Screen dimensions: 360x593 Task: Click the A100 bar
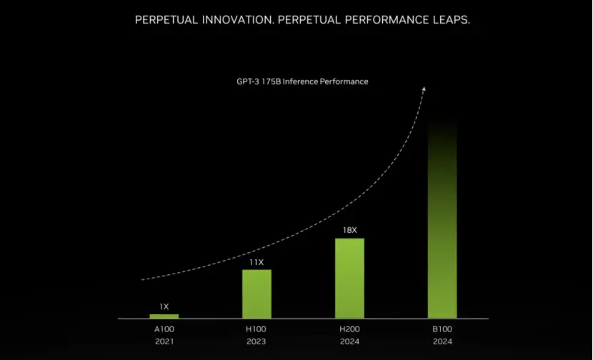[x=164, y=316]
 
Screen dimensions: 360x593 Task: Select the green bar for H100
[x=256, y=294]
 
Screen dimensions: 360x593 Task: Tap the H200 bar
[x=349, y=278]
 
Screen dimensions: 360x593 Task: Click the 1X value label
[x=164, y=306]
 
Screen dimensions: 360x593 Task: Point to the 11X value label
[x=256, y=262]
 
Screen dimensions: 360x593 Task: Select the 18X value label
[x=349, y=231]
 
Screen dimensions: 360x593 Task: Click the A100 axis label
[x=164, y=329]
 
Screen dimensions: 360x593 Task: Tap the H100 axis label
[x=256, y=329]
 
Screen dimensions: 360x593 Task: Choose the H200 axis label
[x=349, y=329]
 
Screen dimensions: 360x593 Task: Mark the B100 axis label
[x=442, y=329]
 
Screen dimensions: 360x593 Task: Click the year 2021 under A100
[x=164, y=342]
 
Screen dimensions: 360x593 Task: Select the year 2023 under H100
[x=256, y=342]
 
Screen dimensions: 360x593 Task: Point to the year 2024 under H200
[x=349, y=342]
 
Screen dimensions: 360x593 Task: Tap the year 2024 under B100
[x=442, y=342]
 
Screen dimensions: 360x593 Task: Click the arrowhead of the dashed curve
[x=424, y=89]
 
